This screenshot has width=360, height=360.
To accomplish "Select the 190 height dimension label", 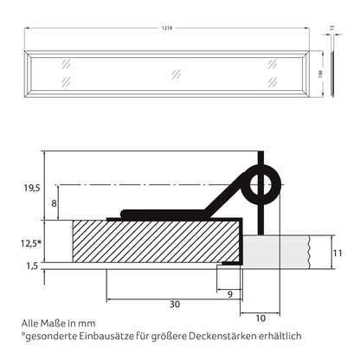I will click(320, 73).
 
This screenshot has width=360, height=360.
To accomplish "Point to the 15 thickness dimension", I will click(333, 28).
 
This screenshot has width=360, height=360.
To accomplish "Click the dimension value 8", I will click(54, 203).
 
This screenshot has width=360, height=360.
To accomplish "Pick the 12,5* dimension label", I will click(30, 244).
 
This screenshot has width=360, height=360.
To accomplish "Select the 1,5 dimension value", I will click(31, 267).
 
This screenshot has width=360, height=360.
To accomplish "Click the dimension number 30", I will click(174, 304).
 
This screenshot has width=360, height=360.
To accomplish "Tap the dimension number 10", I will click(260, 318).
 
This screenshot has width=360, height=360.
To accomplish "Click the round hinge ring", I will click(261, 183).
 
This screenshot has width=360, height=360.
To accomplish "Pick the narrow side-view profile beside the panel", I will click(333, 74).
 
